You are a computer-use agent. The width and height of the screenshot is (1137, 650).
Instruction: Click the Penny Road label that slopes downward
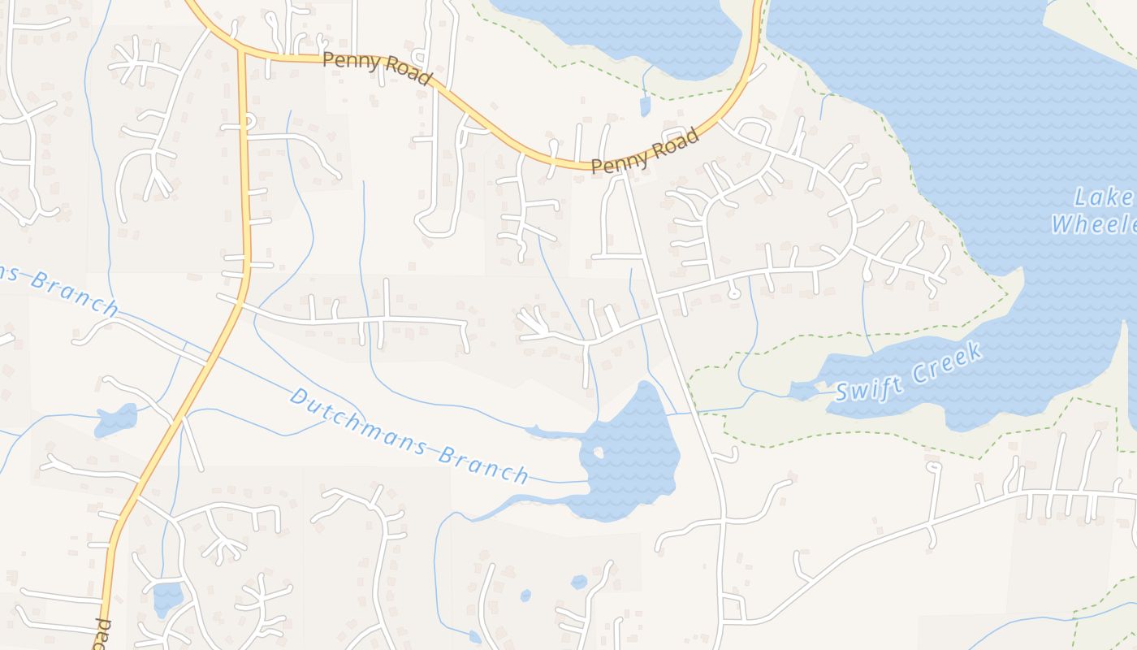click(376, 67)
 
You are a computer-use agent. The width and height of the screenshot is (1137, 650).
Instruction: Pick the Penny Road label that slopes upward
click(645, 151)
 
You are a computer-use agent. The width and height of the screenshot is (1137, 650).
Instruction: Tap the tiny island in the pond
click(599, 453)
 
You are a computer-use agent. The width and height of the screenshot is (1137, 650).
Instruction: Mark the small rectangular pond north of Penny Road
click(645, 106)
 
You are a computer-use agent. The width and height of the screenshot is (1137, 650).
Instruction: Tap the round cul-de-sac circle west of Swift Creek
click(734, 293)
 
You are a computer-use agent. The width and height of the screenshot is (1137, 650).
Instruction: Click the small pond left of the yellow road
click(116, 420)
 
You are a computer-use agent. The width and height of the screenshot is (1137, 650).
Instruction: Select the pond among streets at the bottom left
click(167, 597)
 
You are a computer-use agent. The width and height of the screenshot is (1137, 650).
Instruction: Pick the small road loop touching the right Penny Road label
click(675, 135)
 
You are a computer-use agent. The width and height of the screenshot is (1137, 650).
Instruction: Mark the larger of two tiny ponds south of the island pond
click(578, 582)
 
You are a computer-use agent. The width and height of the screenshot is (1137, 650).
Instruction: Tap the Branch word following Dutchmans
click(482, 463)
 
